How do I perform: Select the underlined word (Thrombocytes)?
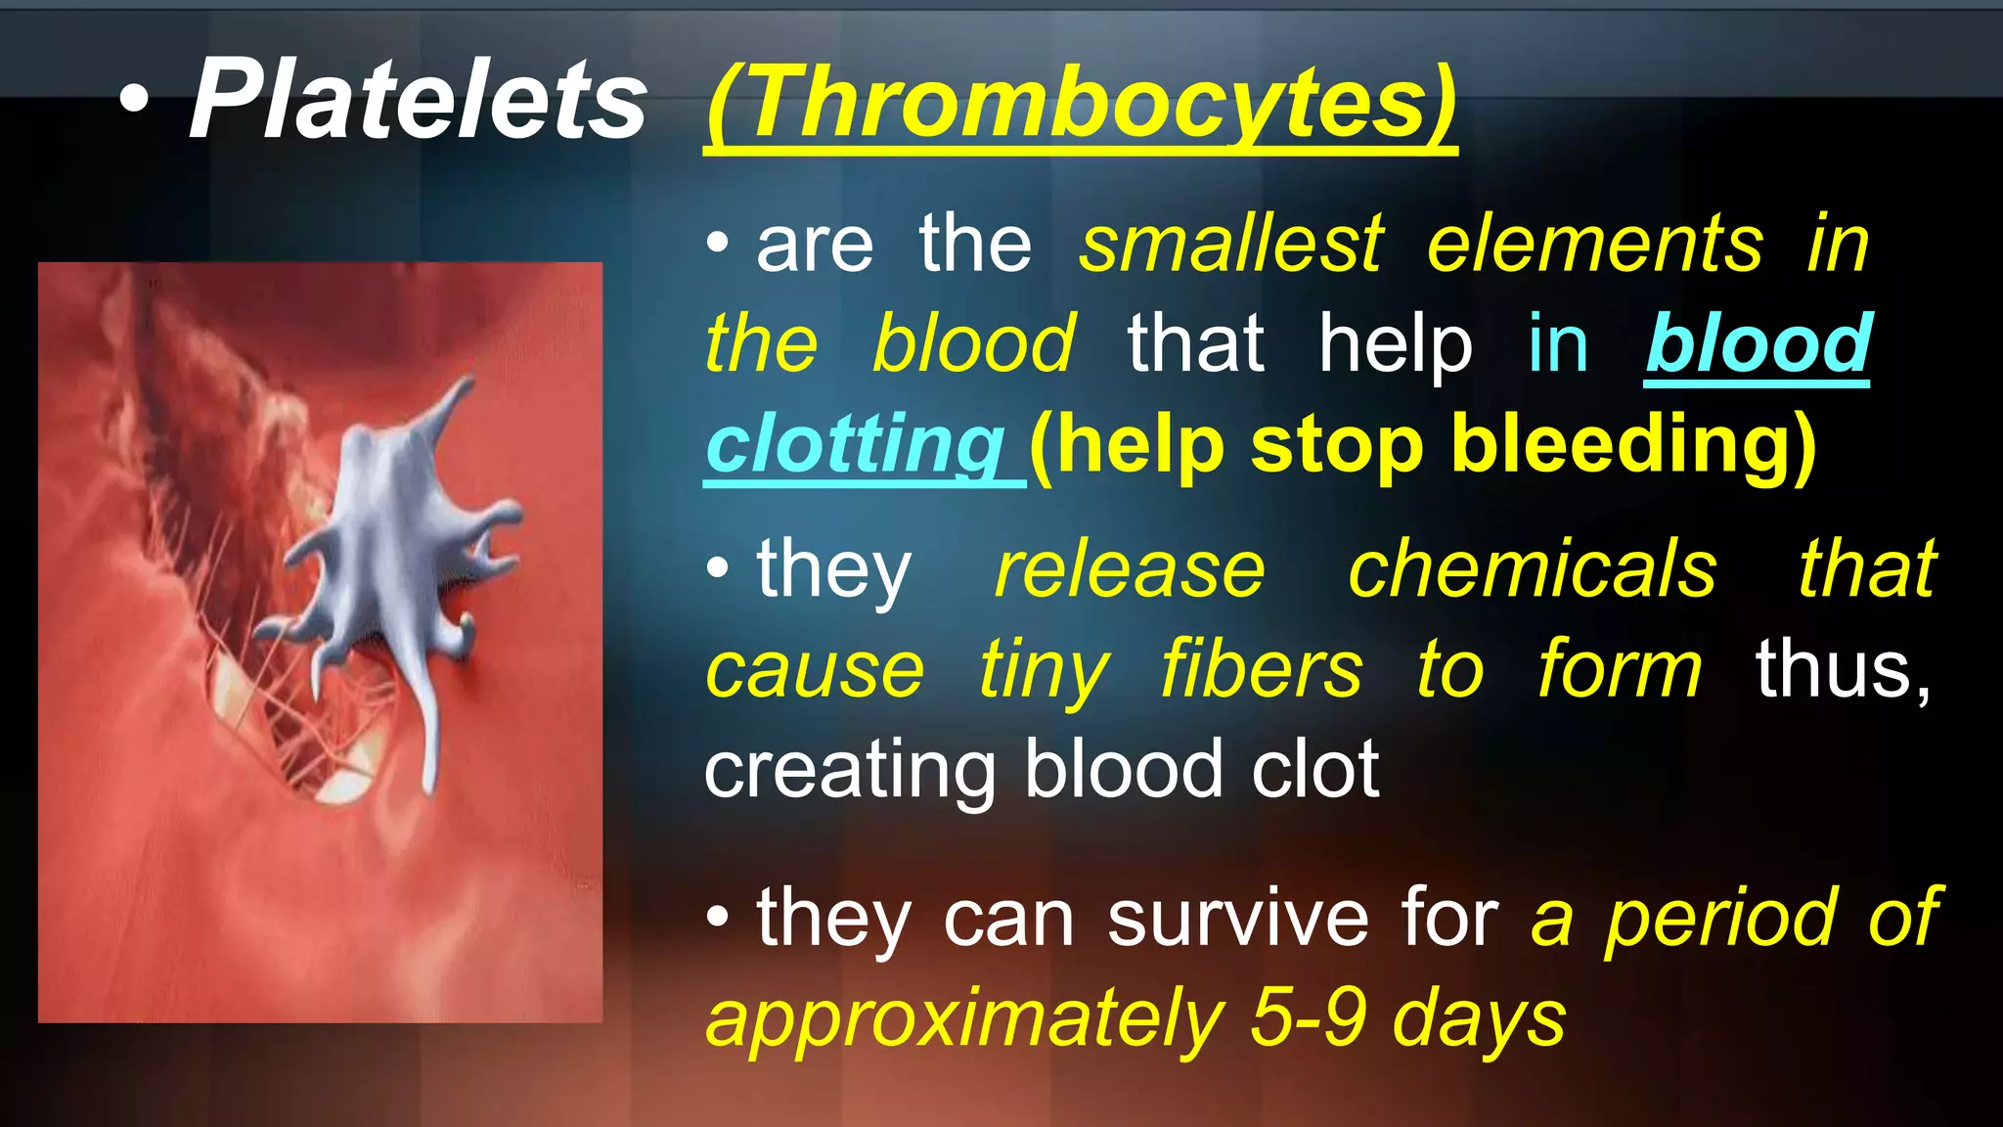click(1080, 103)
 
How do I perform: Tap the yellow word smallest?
click(1231, 245)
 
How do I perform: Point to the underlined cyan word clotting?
click(855, 444)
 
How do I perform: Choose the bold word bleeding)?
click(1632, 444)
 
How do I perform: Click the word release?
click(1130, 569)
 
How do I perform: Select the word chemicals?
click(1532, 569)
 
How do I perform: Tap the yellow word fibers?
click(1262, 670)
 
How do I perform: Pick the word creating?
click(850, 771)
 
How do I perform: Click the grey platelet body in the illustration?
click(391, 548)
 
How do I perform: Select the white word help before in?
click(1395, 343)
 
